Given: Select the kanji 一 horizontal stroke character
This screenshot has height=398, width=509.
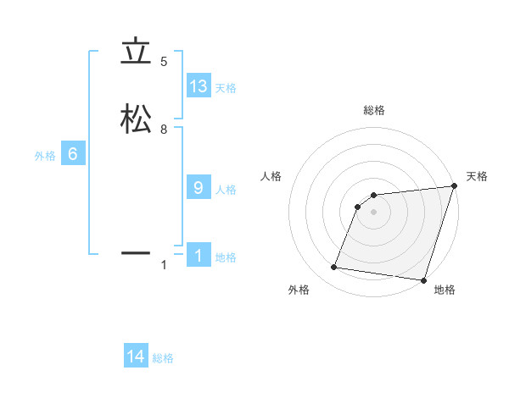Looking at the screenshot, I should point(136,252).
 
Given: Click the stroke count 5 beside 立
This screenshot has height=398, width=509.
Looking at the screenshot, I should point(164,62).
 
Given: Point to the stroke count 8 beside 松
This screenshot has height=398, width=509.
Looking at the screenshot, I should point(164,130).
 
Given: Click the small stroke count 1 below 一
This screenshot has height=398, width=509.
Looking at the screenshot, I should point(164,265).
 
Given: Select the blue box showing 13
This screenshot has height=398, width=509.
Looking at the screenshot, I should point(199,86).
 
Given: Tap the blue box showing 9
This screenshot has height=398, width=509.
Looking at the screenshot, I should point(199,188).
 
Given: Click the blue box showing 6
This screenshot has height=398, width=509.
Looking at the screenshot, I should point(73,154).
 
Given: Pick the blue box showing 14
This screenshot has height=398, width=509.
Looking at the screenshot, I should point(136,357).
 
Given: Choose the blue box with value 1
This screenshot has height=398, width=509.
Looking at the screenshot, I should point(199,256).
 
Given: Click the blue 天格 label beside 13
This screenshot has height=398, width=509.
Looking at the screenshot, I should point(226,88).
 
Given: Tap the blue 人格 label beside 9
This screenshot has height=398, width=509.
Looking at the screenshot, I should point(226,190).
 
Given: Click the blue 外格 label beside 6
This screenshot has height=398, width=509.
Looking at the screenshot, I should point(45,156).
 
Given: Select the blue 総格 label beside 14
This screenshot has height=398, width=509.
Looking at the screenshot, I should point(163,359).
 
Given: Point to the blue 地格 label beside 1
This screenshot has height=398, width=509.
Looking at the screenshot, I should point(226,257).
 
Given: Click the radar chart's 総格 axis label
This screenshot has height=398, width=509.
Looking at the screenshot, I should point(374,110).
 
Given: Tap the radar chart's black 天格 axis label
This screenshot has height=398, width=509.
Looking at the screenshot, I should point(477,176).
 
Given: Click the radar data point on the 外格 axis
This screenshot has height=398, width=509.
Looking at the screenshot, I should point(334,268).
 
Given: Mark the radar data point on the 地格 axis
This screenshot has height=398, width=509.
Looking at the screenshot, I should point(423,279).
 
